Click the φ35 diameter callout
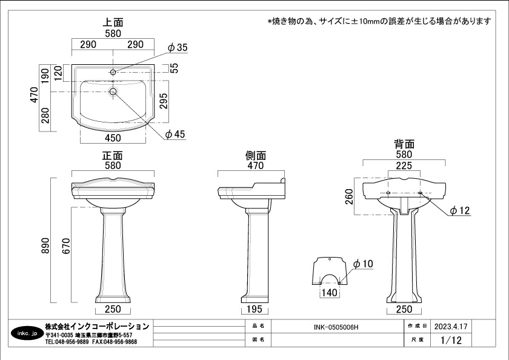[178, 47]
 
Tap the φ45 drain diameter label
[175, 134]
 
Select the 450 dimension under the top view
[113, 138]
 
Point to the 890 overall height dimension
[45, 245]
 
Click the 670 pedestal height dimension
[66, 245]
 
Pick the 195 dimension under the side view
[254, 309]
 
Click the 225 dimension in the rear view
[404, 165]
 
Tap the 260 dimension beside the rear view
[349, 196]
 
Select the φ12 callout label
[460, 211]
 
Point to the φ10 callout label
[363, 264]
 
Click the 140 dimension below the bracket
[330, 293]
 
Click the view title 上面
[113, 22]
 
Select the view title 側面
[256, 156]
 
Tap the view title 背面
[404, 144]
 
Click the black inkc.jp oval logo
[27, 333]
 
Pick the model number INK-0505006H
[336, 327]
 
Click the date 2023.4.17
[451, 326]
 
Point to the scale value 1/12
[451, 340]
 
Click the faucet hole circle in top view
[113, 72]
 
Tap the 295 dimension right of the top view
[164, 101]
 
